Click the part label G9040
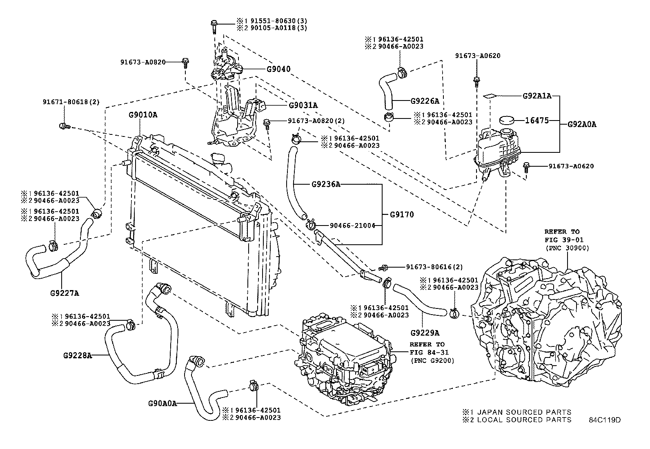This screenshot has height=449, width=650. pyautogui.click(x=278, y=69)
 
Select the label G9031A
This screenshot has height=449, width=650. pyautogui.click(x=303, y=105)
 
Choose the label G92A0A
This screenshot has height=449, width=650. pyautogui.click(x=582, y=125)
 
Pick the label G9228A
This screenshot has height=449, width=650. pyautogui.click(x=77, y=355)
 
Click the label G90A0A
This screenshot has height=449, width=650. pyautogui.click(x=162, y=403)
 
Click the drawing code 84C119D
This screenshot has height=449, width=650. pyautogui.click(x=604, y=420)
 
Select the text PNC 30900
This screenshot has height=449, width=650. pyautogui.click(x=567, y=248)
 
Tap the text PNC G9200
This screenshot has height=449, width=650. pyautogui.click(x=432, y=360)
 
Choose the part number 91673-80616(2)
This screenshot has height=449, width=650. pyautogui.click(x=434, y=267)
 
